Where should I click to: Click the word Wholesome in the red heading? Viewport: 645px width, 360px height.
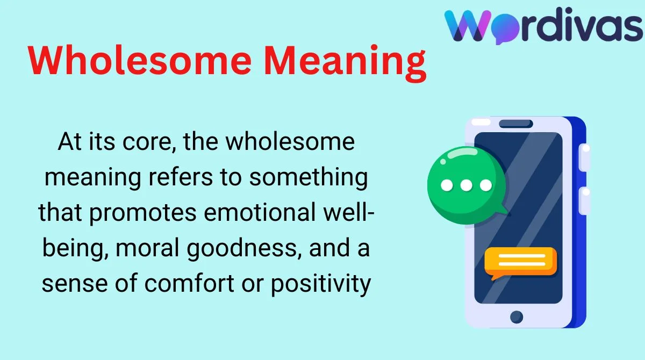[x=140, y=61]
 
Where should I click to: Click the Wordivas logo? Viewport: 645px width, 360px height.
[x=544, y=25]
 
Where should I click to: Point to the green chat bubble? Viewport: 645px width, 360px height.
[x=467, y=185]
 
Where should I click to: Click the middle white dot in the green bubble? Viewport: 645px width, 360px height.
[x=466, y=185]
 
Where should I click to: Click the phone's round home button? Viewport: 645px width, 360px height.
[x=517, y=317]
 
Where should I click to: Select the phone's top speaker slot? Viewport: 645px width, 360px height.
[x=515, y=124]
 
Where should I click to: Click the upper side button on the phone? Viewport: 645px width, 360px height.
[x=585, y=157]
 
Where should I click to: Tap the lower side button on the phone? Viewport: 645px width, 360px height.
[x=585, y=200]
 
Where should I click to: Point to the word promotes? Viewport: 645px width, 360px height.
[x=142, y=213]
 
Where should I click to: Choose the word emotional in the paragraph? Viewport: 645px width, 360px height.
[x=260, y=212]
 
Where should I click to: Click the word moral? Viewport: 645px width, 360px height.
[x=147, y=248]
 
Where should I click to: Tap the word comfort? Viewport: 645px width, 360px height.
[x=189, y=283]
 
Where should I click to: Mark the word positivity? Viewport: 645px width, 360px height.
[x=321, y=284]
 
